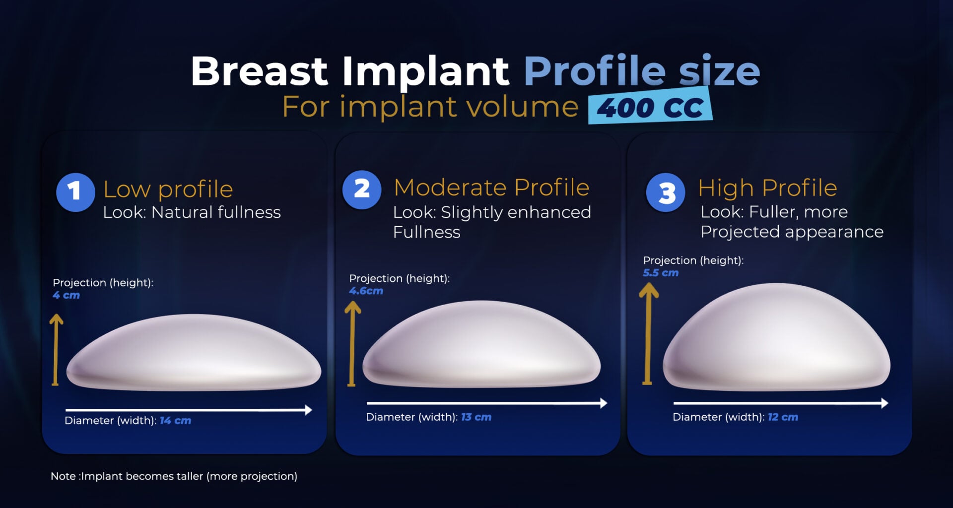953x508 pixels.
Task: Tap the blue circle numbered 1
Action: click(75, 192)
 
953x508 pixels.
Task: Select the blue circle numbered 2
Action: click(362, 190)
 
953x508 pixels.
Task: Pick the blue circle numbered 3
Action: click(666, 192)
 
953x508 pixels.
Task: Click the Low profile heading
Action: click(168, 189)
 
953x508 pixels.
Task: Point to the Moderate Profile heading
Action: click(491, 188)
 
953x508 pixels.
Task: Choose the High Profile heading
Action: click(767, 188)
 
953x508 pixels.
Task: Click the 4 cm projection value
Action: click(66, 295)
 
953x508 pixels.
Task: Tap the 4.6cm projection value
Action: click(366, 291)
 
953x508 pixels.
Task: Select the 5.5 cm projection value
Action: click(660, 273)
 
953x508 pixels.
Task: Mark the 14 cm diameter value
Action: click(175, 421)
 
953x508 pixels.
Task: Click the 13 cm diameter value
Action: click(476, 417)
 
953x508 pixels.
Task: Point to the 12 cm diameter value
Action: click(783, 417)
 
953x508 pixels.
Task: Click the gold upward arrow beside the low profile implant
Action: click(56, 350)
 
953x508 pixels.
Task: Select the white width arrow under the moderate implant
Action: click(486, 403)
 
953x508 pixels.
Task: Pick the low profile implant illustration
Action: click(194, 353)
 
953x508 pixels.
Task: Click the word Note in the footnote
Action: click(63, 476)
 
